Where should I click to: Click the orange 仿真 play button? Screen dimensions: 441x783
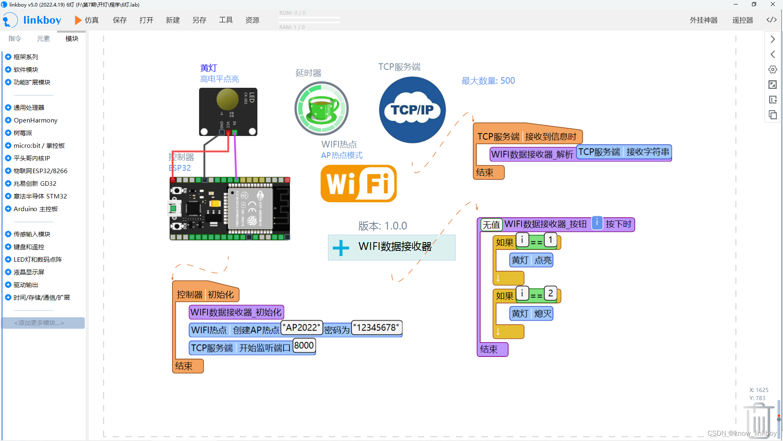click(x=78, y=20)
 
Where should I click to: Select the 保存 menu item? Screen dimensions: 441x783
click(x=119, y=20)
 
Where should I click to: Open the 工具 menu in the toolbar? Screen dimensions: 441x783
click(x=226, y=20)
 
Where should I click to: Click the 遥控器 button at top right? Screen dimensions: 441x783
click(x=742, y=20)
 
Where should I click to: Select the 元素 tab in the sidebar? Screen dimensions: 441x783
click(x=43, y=38)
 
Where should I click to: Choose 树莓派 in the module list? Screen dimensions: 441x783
click(x=23, y=133)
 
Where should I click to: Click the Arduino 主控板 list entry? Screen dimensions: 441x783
click(x=35, y=209)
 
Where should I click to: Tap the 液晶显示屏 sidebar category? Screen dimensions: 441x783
click(x=29, y=272)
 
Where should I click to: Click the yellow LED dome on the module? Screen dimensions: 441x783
click(x=227, y=99)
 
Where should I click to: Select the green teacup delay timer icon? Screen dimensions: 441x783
click(x=322, y=109)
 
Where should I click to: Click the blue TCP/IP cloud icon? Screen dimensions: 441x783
click(x=412, y=110)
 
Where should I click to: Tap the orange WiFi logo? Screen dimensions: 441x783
click(x=358, y=183)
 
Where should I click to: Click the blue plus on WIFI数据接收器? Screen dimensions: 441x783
click(x=341, y=247)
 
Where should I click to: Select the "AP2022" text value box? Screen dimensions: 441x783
click(x=302, y=327)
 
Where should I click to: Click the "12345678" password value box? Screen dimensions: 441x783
click(x=376, y=327)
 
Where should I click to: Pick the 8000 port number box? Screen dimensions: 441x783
click(x=304, y=345)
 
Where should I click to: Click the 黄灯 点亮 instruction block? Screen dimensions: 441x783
click(x=531, y=260)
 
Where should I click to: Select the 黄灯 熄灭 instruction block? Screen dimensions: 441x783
click(x=531, y=314)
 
